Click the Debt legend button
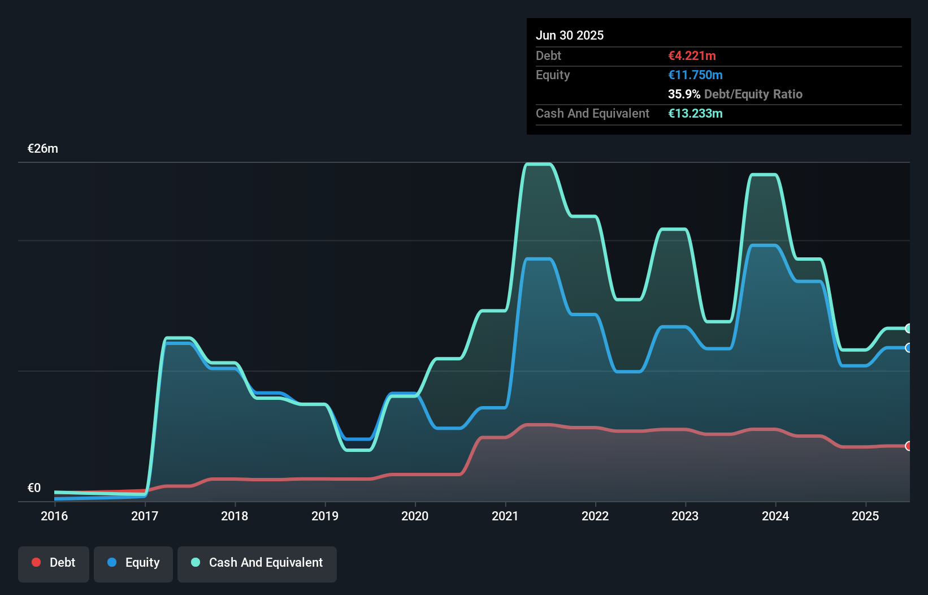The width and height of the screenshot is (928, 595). point(53,563)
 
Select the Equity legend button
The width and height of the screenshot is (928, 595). point(133,563)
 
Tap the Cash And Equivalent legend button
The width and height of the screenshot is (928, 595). point(257,563)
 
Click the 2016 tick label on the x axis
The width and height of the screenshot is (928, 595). point(54,516)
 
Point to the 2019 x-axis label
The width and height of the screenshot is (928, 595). point(325,516)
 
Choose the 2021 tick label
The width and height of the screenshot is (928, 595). point(505,516)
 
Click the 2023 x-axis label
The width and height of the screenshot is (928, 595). point(685,516)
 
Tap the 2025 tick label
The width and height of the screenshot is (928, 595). point(865,516)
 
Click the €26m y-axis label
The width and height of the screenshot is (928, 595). point(43,149)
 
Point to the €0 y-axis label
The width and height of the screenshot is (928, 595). point(34,488)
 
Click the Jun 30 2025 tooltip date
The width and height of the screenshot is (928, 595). point(570,35)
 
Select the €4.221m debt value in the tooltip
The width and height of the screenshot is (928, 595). point(692,55)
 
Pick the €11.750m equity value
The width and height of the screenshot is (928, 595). point(695,75)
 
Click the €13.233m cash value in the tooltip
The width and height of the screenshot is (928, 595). point(695,113)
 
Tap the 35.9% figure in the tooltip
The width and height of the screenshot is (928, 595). point(684,94)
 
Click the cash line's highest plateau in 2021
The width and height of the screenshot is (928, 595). point(538,164)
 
